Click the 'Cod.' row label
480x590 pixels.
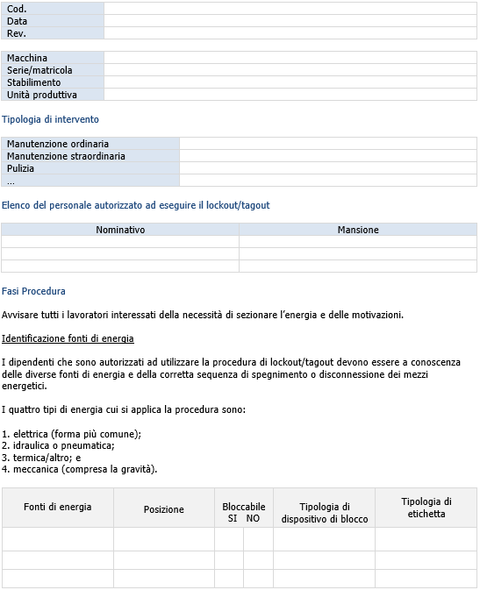click(17, 9)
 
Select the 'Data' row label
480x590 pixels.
click(18, 21)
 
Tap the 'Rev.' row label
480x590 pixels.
click(17, 33)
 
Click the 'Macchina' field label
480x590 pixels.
click(27, 58)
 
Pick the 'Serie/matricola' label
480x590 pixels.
click(39, 70)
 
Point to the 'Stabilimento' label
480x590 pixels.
click(34, 82)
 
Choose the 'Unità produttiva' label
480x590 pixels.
click(42, 95)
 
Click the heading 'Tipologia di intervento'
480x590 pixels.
click(50, 119)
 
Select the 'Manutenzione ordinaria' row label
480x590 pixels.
click(58, 144)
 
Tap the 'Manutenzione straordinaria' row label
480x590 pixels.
click(66, 156)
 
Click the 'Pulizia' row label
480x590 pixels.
click(21, 168)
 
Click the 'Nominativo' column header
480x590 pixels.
click(120, 230)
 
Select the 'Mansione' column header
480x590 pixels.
click(358, 230)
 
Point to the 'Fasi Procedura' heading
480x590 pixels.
click(33, 291)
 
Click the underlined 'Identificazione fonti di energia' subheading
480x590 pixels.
click(68, 338)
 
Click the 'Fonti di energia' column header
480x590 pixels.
click(57, 507)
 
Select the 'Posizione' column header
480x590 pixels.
click(164, 509)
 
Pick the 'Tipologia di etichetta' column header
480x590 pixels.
click(426, 508)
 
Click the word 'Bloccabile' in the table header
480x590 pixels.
click(243, 507)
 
